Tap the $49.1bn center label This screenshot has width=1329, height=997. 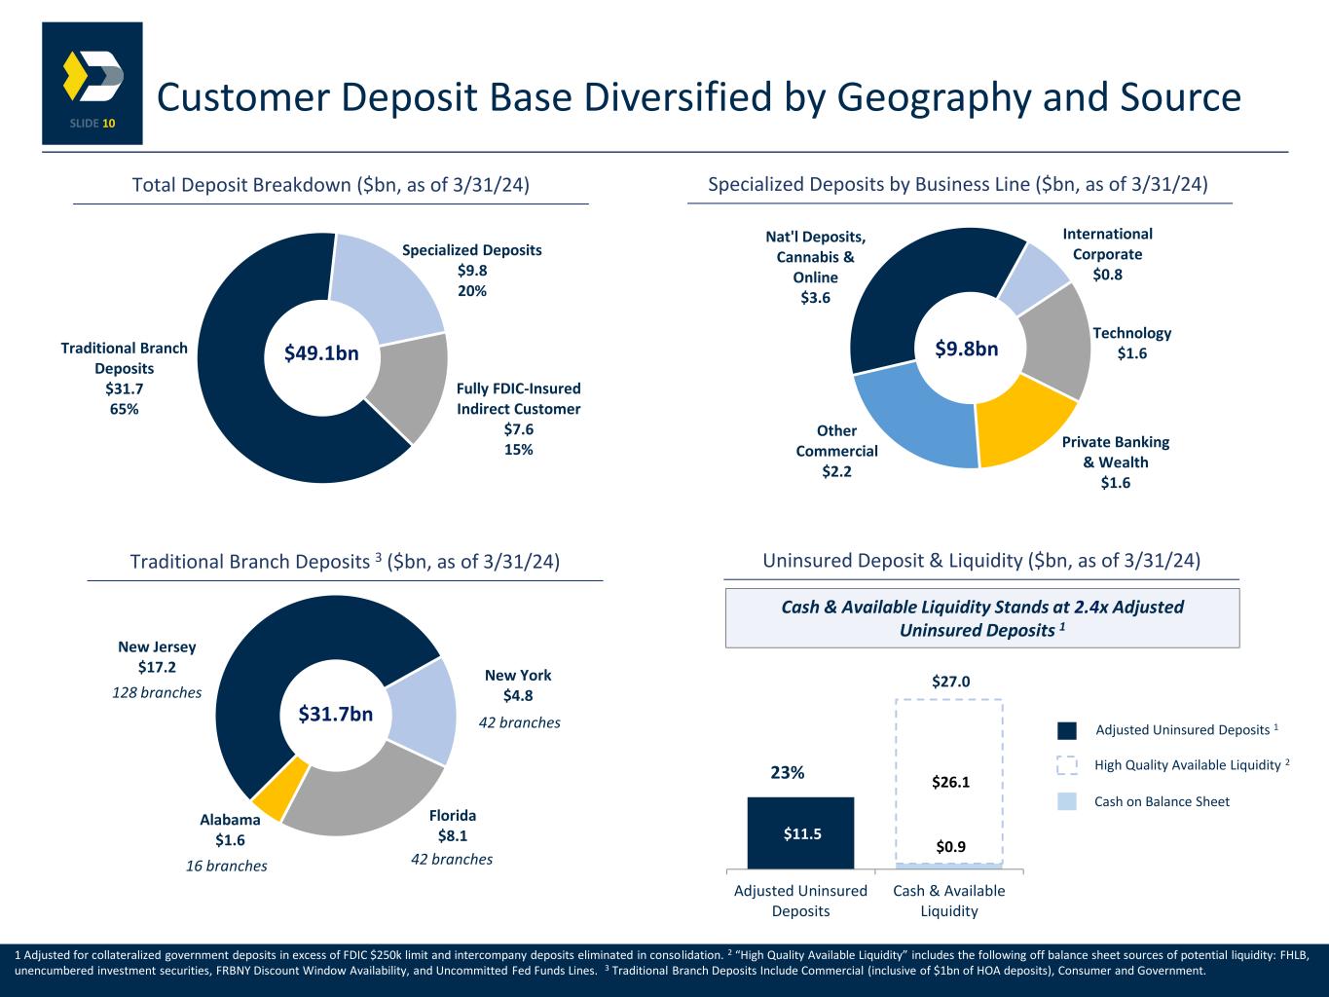(x=321, y=353)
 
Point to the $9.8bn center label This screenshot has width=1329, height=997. (x=967, y=349)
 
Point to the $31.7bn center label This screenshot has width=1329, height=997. (x=336, y=715)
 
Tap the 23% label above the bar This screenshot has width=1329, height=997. (x=788, y=773)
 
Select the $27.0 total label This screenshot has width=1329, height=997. (x=950, y=682)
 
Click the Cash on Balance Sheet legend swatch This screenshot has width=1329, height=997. (x=1067, y=801)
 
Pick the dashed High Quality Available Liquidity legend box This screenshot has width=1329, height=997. (x=1067, y=766)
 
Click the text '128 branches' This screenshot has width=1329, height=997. (x=158, y=692)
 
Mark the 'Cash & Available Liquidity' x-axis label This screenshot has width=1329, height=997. (x=949, y=901)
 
